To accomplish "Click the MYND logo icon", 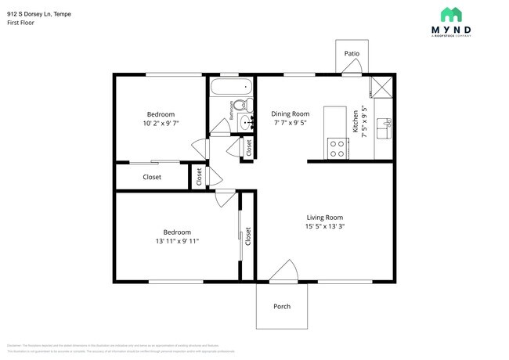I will coord(450,14).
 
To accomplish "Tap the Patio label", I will coord(352,53).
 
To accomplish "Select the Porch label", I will coord(282,306).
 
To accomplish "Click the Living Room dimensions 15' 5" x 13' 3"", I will coord(324,227).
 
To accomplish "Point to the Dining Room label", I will coord(291,113).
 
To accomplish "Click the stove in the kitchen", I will coord(338,149).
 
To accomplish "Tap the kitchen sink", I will coord(384,125).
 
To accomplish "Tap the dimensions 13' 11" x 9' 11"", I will coord(176,241).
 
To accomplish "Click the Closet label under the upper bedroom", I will coord(152,177).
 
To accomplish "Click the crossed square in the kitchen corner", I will coord(383,86).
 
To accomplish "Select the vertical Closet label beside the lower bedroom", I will coord(248,236).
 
